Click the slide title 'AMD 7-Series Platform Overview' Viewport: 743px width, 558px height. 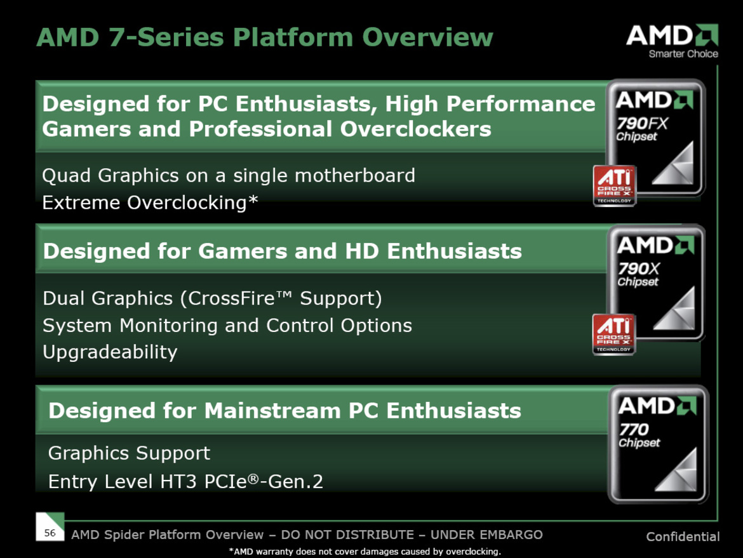click(x=264, y=37)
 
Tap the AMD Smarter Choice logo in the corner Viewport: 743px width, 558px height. click(x=672, y=41)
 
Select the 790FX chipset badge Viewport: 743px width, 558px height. click(x=655, y=136)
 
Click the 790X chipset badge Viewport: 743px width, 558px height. click(x=655, y=282)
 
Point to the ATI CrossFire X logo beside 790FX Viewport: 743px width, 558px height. click(x=614, y=185)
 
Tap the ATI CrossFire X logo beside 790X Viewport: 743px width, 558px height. click(x=614, y=334)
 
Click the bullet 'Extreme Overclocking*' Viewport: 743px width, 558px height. click(x=151, y=203)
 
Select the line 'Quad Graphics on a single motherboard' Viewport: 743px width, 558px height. click(x=229, y=175)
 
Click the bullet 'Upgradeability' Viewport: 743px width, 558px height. click(x=110, y=352)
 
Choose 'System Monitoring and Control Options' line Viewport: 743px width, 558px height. click(x=227, y=325)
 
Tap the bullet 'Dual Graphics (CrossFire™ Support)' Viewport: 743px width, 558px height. click(x=212, y=298)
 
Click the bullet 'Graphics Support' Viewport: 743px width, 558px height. click(x=129, y=453)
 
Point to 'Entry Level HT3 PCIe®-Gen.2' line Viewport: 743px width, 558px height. click(x=185, y=481)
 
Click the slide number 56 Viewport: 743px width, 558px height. click(x=50, y=533)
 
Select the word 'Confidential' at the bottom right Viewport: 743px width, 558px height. click(x=683, y=537)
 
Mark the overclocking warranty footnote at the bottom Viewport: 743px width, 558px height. click(x=364, y=552)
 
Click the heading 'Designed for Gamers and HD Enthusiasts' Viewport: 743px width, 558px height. click(x=282, y=251)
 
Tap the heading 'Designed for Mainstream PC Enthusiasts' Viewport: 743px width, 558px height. click(x=284, y=411)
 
